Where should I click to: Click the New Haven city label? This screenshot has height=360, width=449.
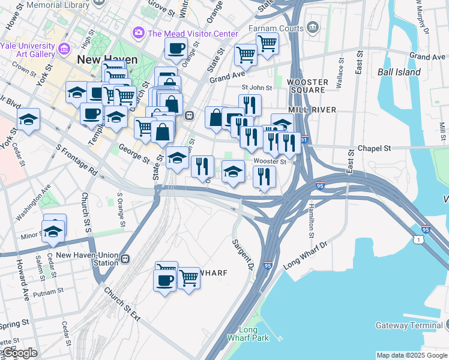pyautogui.click(x=107, y=60)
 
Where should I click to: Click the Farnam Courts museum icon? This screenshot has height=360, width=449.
pyautogui.click(x=312, y=27)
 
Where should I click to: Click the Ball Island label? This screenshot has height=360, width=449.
pyautogui.click(x=399, y=73)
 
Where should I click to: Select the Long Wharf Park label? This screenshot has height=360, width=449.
pyautogui.click(x=248, y=334)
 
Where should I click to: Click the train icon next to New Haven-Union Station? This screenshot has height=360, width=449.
pyautogui.click(x=125, y=259)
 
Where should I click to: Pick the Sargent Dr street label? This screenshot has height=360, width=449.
pyautogui.click(x=244, y=253)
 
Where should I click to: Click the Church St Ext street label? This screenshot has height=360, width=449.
pyautogui.click(x=121, y=304)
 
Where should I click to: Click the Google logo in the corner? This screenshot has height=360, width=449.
pyautogui.click(x=19, y=353)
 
